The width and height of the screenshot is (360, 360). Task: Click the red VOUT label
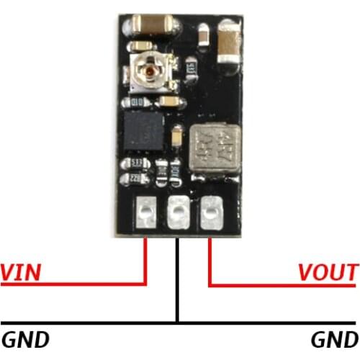(328, 273)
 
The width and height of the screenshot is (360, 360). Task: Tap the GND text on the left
(26, 339)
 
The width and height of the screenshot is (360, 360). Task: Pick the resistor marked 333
(131, 164)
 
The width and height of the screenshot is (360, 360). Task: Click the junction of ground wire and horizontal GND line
(178, 321)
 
